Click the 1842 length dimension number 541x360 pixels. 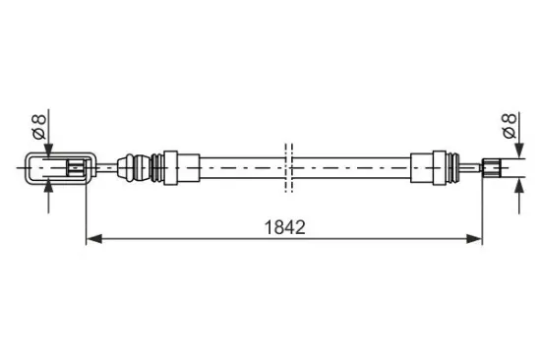point(284,227)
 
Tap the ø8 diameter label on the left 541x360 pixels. point(39,127)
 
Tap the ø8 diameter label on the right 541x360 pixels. point(510,126)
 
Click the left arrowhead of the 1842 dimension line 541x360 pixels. point(94,238)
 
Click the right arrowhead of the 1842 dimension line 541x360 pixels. point(474,238)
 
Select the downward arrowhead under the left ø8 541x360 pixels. point(48,150)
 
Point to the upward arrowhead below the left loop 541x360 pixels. point(48,186)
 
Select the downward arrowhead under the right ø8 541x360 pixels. point(519,150)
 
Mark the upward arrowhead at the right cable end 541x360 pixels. point(519,186)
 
